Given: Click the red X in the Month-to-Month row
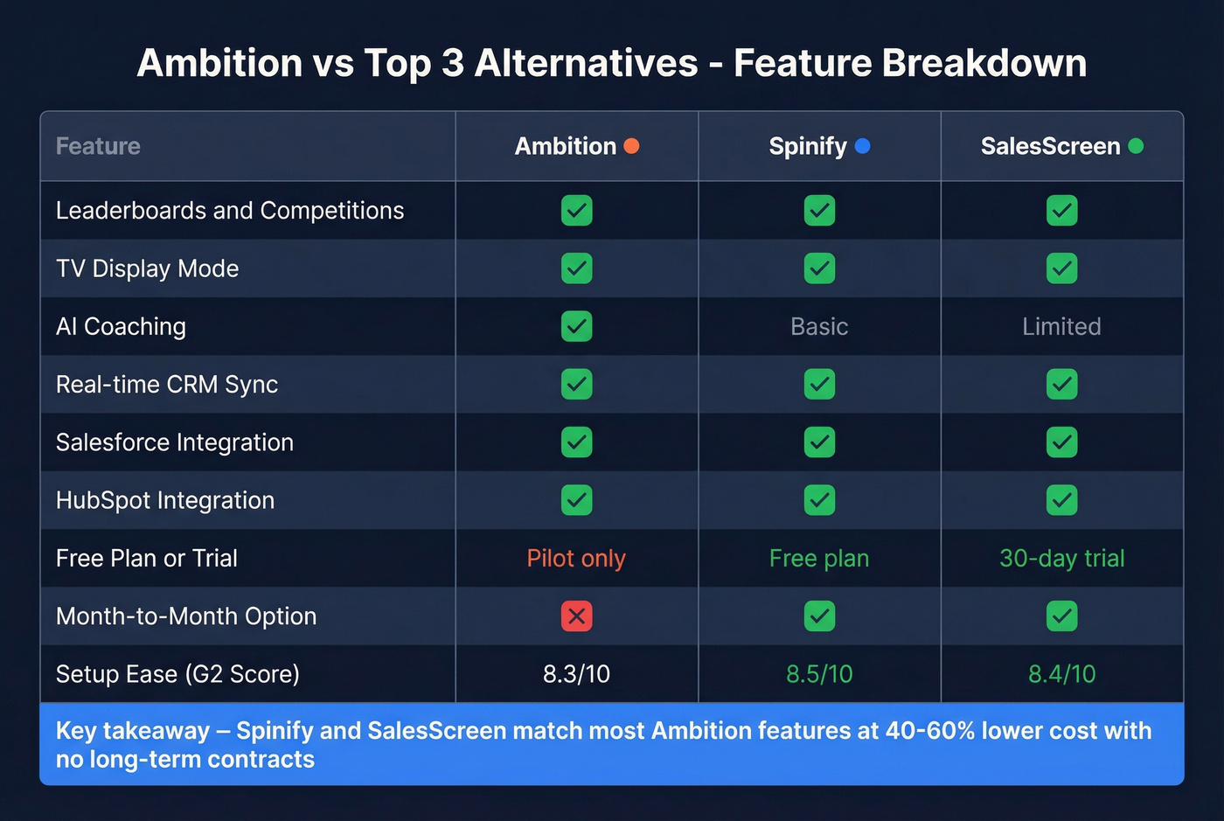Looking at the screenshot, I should click(x=576, y=616).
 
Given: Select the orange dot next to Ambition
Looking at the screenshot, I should click(x=631, y=146).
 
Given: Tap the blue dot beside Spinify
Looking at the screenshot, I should click(x=862, y=146).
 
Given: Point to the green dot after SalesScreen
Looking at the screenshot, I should click(x=1136, y=146).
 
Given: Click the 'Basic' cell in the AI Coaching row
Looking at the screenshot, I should click(x=819, y=327).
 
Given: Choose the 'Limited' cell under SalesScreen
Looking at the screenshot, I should click(x=1061, y=327).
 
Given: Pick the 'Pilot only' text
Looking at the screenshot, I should click(x=576, y=559).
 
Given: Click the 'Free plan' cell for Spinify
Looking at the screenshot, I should click(x=819, y=559).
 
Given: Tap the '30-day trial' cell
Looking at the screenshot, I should click(x=1061, y=559).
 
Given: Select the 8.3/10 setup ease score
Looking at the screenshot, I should click(x=576, y=674).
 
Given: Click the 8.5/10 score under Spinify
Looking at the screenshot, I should click(x=819, y=674).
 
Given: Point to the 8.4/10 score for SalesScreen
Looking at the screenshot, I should click(x=1061, y=674).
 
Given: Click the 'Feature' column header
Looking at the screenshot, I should click(x=98, y=146).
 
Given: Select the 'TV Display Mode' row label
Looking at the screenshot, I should click(x=147, y=268).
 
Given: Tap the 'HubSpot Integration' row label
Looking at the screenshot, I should click(x=165, y=501).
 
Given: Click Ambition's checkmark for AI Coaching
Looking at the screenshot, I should click(x=576, y=327).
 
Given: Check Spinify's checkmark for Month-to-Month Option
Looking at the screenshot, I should click(x=819, y=616).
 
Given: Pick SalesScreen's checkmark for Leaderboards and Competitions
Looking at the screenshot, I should click(x=1061, y=211).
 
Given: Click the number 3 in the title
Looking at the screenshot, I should click(x=453, y=64).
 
